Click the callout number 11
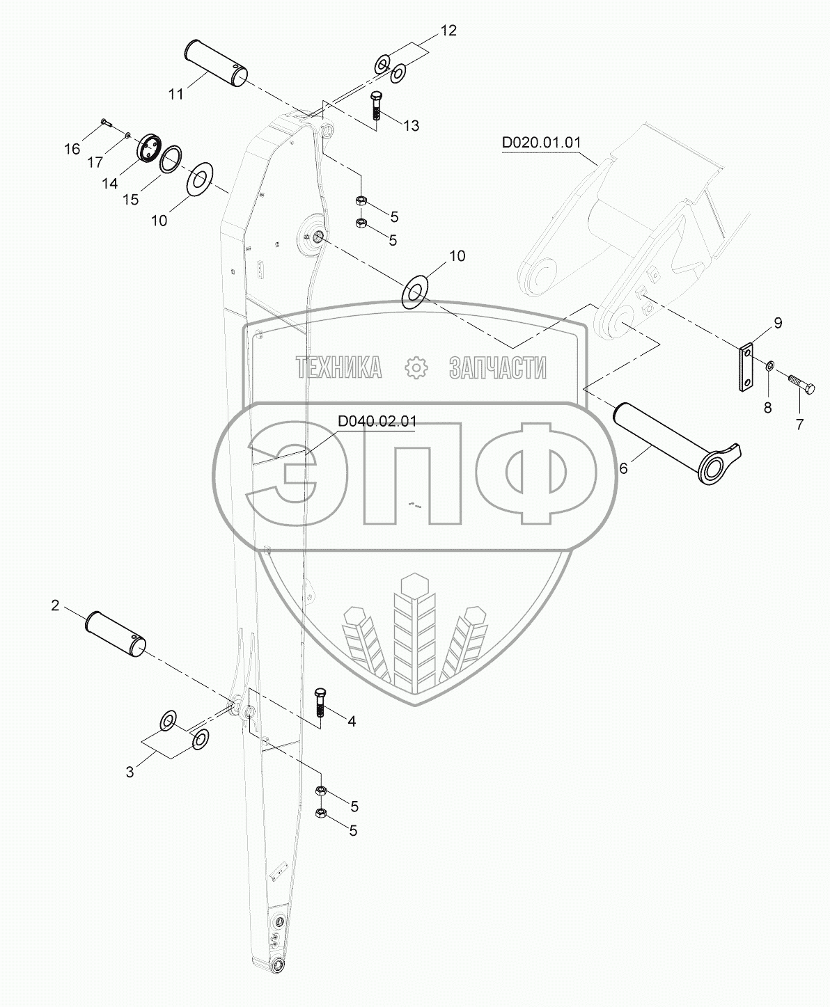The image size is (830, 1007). click(x=175, y=93)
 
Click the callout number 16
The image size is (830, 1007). click(x=72, y=149)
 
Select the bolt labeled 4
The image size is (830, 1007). click(x=320, y=704)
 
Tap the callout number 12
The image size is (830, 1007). click(x=448, y=31)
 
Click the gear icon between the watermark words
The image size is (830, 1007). click(x=416, y=367)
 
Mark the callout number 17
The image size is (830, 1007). click(x=95, y=162)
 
